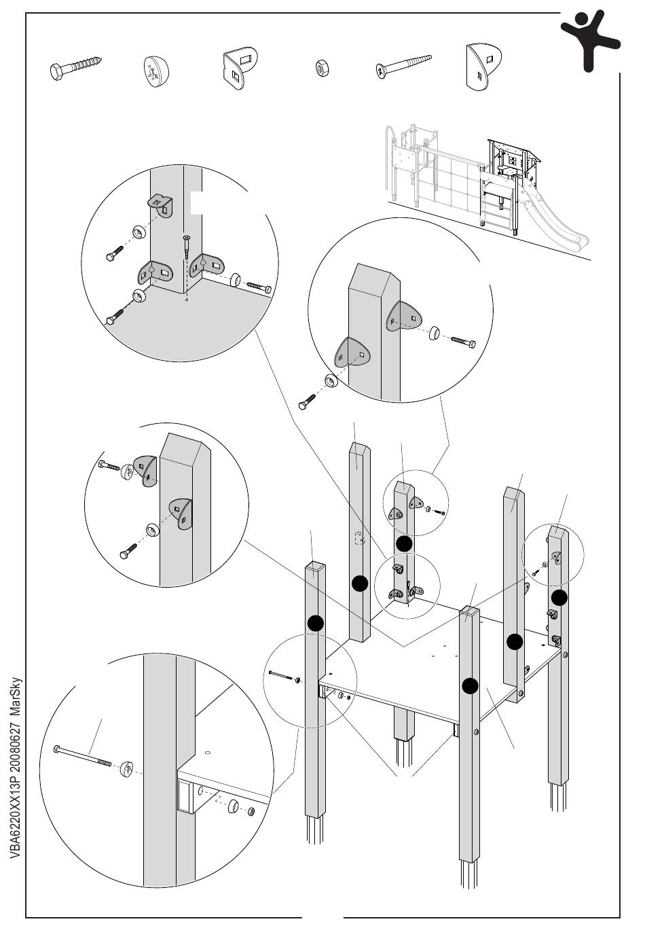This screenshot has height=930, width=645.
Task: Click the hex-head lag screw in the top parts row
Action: coord(75,68)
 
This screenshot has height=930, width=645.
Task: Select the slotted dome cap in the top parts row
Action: coord(156,71)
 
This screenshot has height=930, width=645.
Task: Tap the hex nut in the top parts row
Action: coord(322,68)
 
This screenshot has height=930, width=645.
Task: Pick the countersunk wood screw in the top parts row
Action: coord(403,66)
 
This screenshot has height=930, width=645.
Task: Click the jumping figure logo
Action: coord(590,41)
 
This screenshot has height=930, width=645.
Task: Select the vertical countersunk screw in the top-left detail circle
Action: coord(186,247)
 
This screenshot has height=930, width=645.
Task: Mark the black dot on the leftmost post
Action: coord(316,623)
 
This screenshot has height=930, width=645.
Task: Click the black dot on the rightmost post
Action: coord(559,597)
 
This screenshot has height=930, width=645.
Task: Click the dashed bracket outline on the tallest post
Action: coord(359,539)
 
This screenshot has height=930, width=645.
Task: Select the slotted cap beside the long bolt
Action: coord(127,768)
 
